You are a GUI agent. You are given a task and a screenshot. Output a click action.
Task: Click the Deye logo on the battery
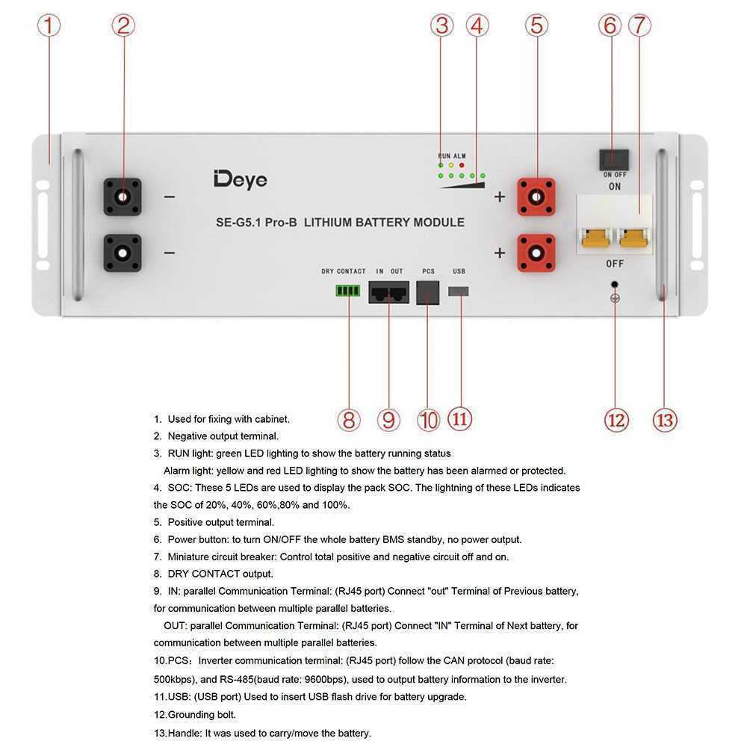[x=240, y=179]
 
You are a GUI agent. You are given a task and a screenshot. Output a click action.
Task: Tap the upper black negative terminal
[x=123, y=197]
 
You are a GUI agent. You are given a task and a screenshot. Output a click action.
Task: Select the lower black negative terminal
[x=123, y=252]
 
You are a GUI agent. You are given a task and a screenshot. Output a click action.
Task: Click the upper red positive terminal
[x=536, y=197]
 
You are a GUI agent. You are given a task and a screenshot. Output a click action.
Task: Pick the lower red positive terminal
[x=536, y=252]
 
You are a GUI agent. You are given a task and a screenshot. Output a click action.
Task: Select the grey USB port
[x=459, y=290]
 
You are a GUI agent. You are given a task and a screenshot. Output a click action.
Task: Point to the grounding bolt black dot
[x=615, y=285]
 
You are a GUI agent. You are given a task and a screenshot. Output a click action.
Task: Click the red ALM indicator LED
[x=462, y=164]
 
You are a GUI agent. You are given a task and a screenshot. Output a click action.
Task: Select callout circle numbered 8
[x=348, y=419]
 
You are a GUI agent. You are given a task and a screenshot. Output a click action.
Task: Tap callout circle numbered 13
[x=664, y=419]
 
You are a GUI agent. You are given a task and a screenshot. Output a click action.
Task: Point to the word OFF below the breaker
[x=615, y=264]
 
